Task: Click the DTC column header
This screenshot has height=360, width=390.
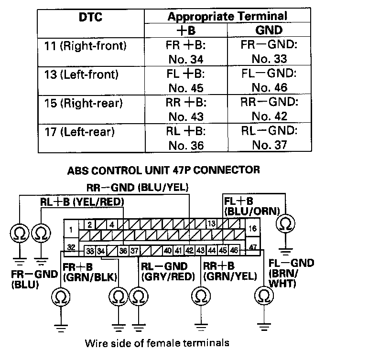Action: (91, 18)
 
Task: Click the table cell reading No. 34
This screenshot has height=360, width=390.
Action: (186, 60)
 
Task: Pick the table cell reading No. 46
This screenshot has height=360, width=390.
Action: (269, 88)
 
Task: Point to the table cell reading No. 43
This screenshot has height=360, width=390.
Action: (186, 116)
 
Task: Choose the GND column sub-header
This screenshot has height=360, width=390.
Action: (269, 30)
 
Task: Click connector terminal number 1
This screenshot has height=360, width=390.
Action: (71, 230)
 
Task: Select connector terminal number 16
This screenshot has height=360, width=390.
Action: (253, 229)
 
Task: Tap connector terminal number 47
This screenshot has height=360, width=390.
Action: (253, 247)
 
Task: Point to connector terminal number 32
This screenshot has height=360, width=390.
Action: (71, 247)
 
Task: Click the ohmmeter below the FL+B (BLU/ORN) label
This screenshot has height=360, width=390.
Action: (286, 223)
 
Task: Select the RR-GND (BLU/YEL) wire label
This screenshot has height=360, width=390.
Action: (138, 188)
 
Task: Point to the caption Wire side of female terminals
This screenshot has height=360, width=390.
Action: (157, 343)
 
